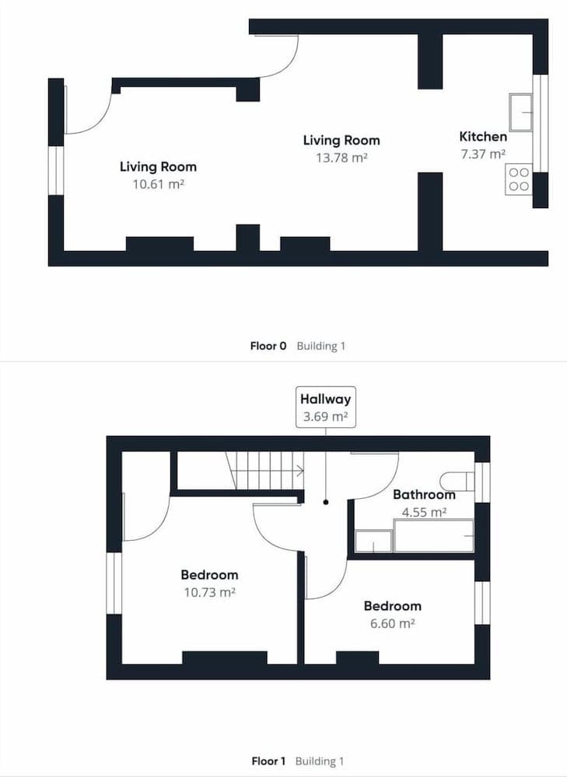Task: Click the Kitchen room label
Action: [483, 137]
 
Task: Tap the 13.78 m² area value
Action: [341, 158]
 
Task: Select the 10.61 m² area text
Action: [158, 184]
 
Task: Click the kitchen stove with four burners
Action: [519, 179]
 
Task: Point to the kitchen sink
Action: [521, 113]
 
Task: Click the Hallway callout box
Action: [326, 407]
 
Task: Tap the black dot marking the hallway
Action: [326, 502]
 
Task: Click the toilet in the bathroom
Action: [457, 481]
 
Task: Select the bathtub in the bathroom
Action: [434, 535]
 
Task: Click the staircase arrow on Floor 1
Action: [299, 470]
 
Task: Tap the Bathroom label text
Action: [424, 494]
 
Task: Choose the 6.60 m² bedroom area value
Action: [392, 623]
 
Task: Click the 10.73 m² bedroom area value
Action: [209, 592]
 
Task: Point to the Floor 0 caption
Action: [268, 346]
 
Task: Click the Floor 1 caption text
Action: [268, 761]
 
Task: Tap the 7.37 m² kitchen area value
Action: [483, 154]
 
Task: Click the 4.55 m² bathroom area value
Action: [424, 512]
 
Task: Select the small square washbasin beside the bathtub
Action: [374, 541]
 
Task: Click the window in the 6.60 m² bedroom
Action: [482, 603]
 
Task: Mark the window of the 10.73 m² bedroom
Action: [114, 584]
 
